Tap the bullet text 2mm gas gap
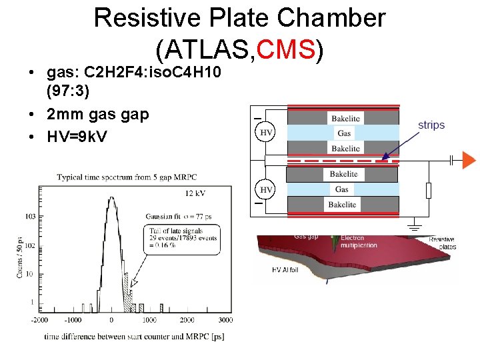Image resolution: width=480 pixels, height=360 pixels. point(98,114)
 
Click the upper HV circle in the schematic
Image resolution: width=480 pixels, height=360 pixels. point(266,133)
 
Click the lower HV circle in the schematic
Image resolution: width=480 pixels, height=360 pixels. point(266,190)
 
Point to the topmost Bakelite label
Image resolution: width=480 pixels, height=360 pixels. point(345,119)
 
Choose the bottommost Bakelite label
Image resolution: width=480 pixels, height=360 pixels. point(345,205)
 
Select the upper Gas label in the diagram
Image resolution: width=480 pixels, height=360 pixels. point(344,133)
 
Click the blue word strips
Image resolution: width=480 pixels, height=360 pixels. point(431,125)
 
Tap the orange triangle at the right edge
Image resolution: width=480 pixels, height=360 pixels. point(469,160)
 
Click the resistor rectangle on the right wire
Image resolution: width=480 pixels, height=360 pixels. point(428,191)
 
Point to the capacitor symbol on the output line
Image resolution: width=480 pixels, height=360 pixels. point(453,160)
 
